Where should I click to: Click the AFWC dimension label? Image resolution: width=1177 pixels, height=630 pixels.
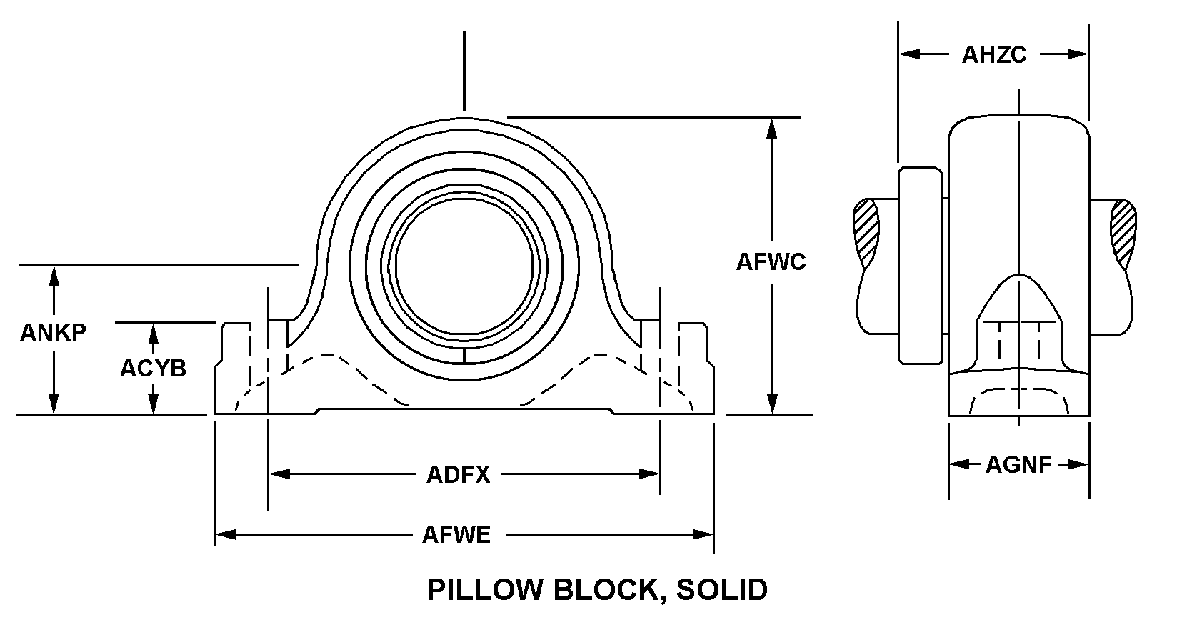click(x=771, y=262)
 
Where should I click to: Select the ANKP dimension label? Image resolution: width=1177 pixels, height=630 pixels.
click(x=53, y=332)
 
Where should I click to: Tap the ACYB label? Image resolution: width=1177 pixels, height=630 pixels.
click(x=153, y=368)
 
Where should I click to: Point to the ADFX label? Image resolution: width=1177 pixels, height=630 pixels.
click(x=458, y=474)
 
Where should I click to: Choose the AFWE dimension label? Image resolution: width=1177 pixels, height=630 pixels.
click(x=456, y=534)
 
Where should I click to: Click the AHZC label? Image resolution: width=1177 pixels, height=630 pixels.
click(x=993, y=55)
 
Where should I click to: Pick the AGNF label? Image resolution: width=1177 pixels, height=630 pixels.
click(x=1018, y=465)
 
